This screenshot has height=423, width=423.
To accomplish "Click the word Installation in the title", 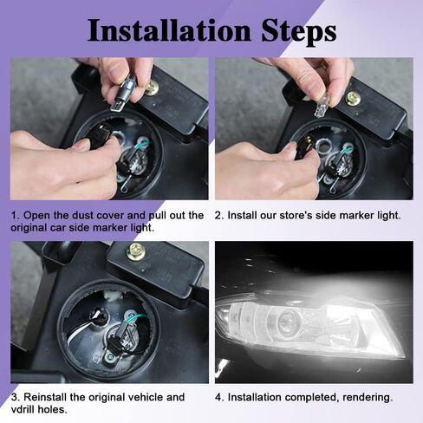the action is [x=169, y=30].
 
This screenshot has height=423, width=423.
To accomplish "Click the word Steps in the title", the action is [x=299, y=32].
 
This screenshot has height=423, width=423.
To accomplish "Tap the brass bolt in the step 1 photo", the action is [x=152, y=88].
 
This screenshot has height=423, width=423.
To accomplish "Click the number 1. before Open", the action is [x=16, y=216].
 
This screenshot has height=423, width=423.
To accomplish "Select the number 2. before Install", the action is [x=220, y=216].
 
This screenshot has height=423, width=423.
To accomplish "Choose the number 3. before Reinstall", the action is [x=16, y=397].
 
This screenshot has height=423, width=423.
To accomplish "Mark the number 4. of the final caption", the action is [x=220, y=397].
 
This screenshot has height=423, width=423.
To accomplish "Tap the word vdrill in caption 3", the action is [x=23, y=410].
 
